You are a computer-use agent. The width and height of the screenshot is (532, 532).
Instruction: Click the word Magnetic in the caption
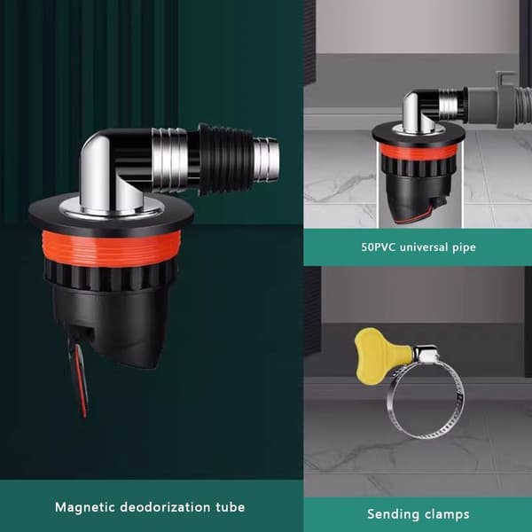click(x=84, y=507)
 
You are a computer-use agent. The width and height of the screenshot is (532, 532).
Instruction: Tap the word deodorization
click(x=165, y=507)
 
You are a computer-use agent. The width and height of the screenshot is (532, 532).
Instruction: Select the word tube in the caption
click(x=230, y=507)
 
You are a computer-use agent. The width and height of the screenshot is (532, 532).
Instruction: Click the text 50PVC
click(x=378, y=246)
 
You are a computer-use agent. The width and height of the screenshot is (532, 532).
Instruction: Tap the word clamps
click(x=447, y=514)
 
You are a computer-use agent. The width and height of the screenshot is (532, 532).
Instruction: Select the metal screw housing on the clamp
click(x=426, y=354)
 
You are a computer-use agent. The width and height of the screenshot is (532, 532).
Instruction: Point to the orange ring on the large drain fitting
click(x=111, y=248)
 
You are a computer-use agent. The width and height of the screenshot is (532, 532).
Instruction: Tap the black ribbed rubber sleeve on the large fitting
click(x=224, y=160)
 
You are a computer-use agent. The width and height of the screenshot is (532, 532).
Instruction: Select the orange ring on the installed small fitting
click(x=419, y=151)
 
